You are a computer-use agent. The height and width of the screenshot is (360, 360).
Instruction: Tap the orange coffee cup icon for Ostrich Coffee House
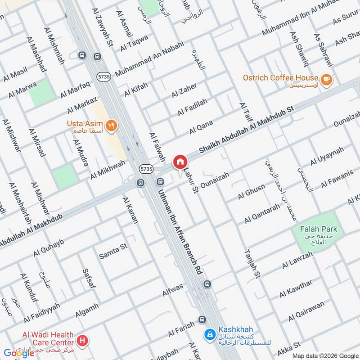pyautogui.click(x=327, y=78)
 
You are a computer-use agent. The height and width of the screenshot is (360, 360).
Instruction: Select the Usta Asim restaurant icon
pyautogui.click(x=111, y=125)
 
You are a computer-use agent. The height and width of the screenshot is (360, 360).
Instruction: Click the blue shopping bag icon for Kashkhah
pyautogui.click(x=209, y=334)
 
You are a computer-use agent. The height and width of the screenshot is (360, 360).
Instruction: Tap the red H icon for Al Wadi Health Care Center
pyautogui.click(x=82, y=341)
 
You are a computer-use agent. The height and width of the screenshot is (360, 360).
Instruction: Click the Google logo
pyautogui.click(x=19, y=353)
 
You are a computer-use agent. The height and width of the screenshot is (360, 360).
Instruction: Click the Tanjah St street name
pyautogui.click(x=252, y=265)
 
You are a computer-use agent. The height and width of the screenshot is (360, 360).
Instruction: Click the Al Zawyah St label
pyautogui.click(x=103, y=28)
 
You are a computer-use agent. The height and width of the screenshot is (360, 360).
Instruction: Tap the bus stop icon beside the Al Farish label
pyautogui.click(x=202, y=319)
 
